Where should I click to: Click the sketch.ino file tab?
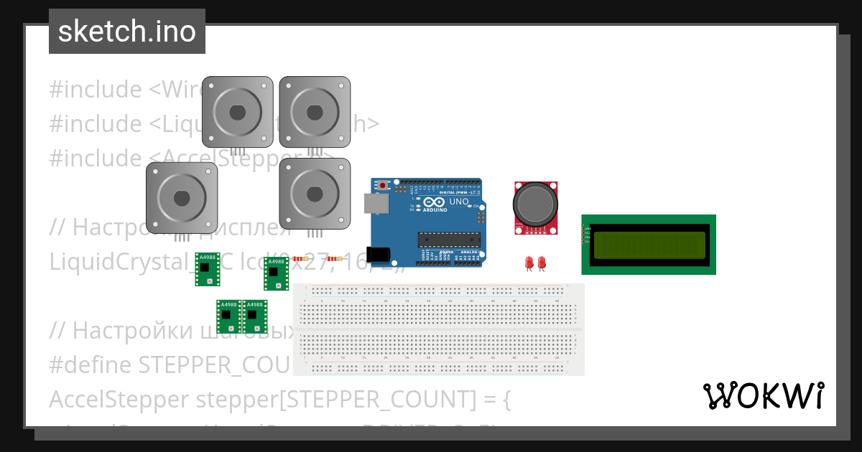click(127, 32)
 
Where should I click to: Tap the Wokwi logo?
click(763, 396)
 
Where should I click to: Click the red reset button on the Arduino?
click(383, 186)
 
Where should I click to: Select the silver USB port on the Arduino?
click(377, 205)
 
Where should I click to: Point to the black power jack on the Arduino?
click(378, 255)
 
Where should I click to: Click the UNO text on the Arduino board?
click(459, 202)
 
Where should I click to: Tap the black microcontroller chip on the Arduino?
click(449, 239)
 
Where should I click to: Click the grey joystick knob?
click(534, 203)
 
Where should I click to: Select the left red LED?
click(529, 262)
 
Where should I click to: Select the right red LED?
click(542, 262)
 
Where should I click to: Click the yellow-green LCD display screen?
click(648, 245)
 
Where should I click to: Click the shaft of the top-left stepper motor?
click(237, 112)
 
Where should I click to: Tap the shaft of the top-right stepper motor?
click(315, 112)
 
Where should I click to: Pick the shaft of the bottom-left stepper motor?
click(182, 197)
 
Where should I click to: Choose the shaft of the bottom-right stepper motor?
click(315, 194)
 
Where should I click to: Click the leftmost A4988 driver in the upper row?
click(207, 269)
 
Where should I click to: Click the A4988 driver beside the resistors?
click(276, 273)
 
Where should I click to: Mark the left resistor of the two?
click(300, 258)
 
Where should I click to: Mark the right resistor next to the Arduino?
click(334, 258)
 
